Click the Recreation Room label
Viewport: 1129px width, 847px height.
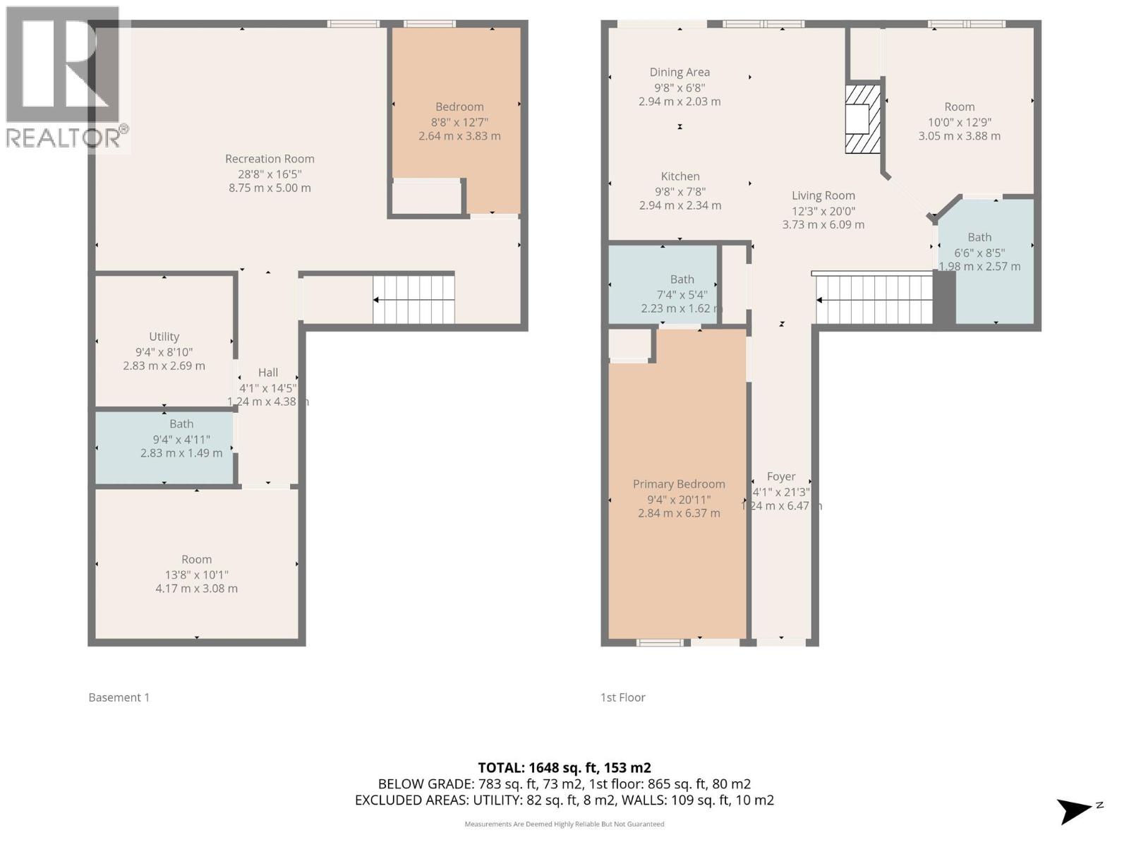(x=270, y=159)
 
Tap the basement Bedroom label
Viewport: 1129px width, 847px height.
(x=459, y=107)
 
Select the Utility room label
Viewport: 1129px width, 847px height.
(x=164, y=337)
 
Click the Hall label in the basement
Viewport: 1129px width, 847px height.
(x=268, y=373)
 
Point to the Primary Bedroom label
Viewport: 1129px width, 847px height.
(x=679, y=484)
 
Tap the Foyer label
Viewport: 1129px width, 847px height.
(x=781, y=477)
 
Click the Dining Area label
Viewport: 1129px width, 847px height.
(x=680, y=72)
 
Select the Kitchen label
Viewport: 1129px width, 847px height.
(x=680, y=176)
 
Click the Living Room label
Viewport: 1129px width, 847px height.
(x=823, y=196)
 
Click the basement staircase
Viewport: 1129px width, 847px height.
(x=413, y=299)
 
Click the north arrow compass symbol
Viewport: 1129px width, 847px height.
(x=1075, y=811)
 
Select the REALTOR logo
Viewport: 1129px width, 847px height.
(x=65, y=78)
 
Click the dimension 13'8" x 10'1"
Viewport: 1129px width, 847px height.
(x=196, y=575)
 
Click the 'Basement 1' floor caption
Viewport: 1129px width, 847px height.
(x=119, y=697)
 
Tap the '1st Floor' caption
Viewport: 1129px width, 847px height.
(x=622, y=697)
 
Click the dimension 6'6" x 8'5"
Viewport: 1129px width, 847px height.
(x=979, y=253)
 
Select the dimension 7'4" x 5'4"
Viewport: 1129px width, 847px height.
(x=682, y=295)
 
